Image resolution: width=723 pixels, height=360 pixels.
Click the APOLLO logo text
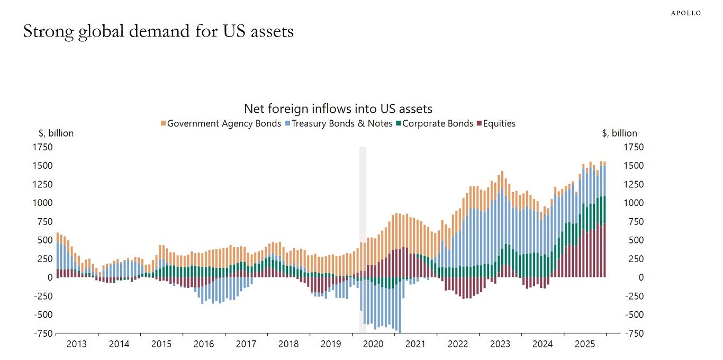pos(686,13)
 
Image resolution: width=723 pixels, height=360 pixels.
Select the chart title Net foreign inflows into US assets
pos(338,109)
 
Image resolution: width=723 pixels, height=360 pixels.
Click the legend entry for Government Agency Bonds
pos(221,123)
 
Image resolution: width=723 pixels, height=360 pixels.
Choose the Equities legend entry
pos(496,123)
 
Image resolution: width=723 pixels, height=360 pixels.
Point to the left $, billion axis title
pos(56,133)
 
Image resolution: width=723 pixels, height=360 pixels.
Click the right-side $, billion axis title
pos(619,133)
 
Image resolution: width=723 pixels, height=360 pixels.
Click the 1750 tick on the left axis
pos(43,147)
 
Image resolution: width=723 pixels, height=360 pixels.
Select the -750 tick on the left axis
pos(44,333)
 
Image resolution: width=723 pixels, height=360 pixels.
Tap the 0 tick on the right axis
pos(627,277)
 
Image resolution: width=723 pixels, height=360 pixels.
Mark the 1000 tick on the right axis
pos(634,203)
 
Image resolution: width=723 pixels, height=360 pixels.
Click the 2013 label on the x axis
pos(77,344)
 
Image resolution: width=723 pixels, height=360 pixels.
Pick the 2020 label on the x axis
pos(373,344)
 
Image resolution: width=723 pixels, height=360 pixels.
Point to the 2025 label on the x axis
pos(585,344)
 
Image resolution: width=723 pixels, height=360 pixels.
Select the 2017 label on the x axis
pos(246,344)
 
